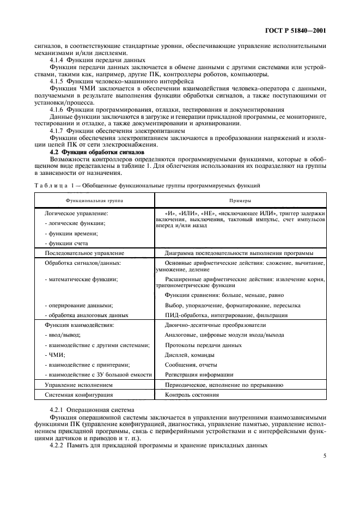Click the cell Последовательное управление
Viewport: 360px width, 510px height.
84,253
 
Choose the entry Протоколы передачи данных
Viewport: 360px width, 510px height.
203,345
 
